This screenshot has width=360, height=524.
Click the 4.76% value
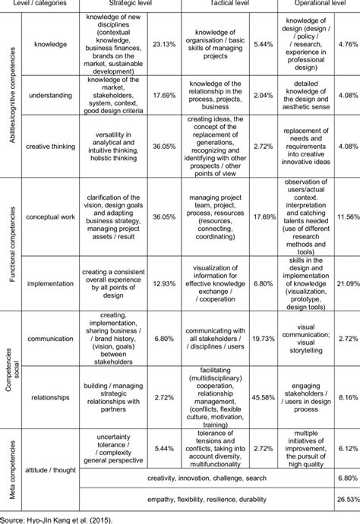pyautogui.click(x=346, y=45)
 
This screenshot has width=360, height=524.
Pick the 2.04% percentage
pyautogui.click(x=261, y=96)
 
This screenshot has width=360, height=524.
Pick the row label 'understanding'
pyautogui.click(x=50, y=96)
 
